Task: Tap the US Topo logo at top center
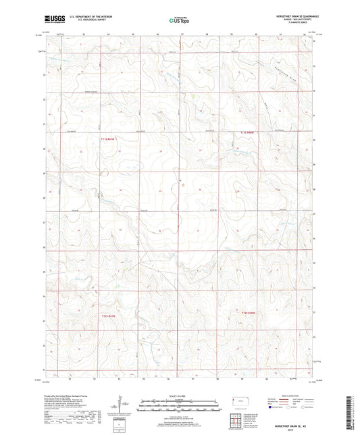(180, 20)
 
